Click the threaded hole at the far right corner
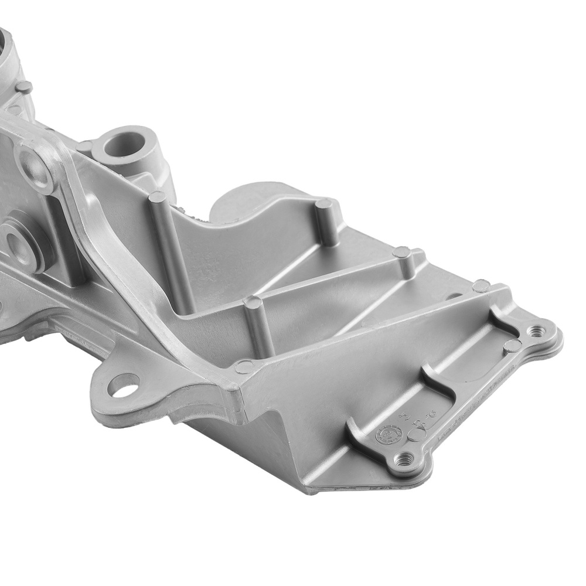(x=534, y=331)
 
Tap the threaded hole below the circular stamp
(x=403, y=459)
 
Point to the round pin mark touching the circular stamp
(x=416, y=434)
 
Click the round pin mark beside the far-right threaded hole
(x=512, y=346)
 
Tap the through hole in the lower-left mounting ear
(x=124, y=385)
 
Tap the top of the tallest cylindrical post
(x=158, y=197)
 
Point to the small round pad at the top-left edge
(x=23, y=87)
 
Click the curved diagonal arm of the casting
(x=117, y=246)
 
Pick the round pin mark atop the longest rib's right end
(x=481, y=286)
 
